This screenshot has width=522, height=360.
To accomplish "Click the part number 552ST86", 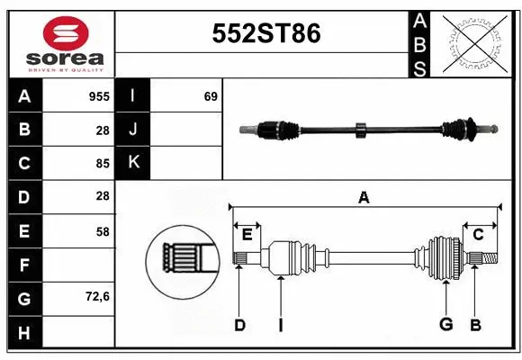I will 265,33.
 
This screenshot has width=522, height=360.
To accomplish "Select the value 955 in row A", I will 99,96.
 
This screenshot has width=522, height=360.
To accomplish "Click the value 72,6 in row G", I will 96,296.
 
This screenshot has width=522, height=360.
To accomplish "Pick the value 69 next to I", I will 211,96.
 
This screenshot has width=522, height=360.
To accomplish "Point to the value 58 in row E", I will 102,231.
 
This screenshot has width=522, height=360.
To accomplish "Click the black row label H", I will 24,333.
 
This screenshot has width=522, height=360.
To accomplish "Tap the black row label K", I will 134,163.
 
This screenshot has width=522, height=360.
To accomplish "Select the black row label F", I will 24,265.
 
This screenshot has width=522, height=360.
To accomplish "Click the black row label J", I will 134,130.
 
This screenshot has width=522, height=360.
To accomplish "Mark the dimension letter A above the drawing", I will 364,197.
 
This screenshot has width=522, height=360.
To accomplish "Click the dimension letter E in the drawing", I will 247,235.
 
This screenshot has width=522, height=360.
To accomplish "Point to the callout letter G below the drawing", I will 445,325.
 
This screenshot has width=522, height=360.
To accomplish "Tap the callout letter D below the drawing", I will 239,325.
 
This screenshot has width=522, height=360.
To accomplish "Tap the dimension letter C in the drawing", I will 478,235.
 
